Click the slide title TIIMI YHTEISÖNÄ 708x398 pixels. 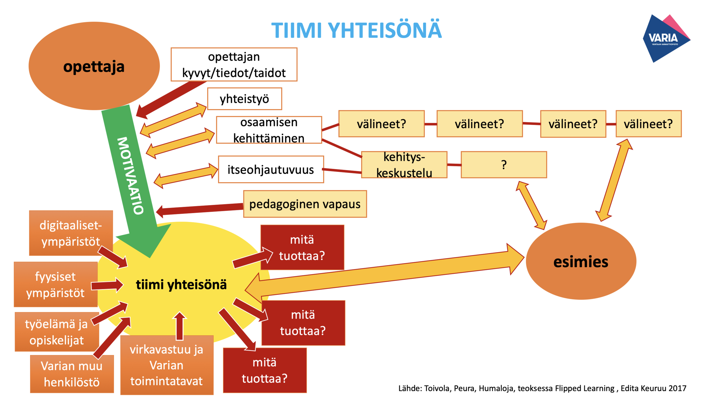point(356,30)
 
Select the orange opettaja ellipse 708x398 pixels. point(94,66)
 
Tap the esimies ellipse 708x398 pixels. point(581,262)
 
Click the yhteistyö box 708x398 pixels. point(244,99)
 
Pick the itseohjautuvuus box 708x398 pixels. point(271,170)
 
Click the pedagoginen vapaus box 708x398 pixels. point(305,204)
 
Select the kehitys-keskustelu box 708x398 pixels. point(404,165)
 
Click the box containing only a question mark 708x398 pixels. point(504,165)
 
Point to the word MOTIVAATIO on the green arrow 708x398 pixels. point(130,176)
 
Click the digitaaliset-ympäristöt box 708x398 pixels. point(71,233)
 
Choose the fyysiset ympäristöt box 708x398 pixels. point(56,284)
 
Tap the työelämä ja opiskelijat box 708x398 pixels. point(57,332)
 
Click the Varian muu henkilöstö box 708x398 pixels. point(72,374)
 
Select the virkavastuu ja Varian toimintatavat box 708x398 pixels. point(167,365)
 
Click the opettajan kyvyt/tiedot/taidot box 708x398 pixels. point(234,65)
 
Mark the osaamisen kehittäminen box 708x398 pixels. point(269,130)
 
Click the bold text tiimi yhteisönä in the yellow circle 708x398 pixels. point(181,285)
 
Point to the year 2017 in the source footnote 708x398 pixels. point(677,388)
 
